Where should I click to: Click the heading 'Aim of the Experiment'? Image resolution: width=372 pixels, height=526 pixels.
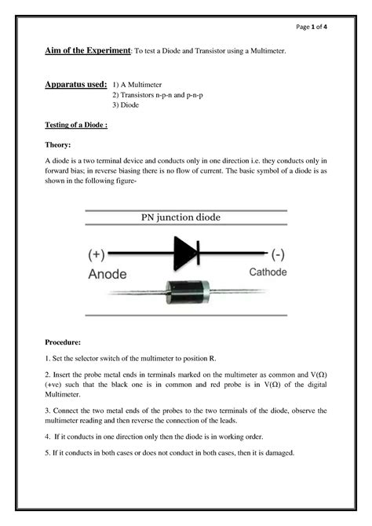point(87,51)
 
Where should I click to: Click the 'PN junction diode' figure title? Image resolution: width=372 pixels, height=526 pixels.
point(185,217)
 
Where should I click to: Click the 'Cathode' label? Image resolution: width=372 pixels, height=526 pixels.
point(268,273)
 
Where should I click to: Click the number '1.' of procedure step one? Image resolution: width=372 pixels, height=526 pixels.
point(47,358)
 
